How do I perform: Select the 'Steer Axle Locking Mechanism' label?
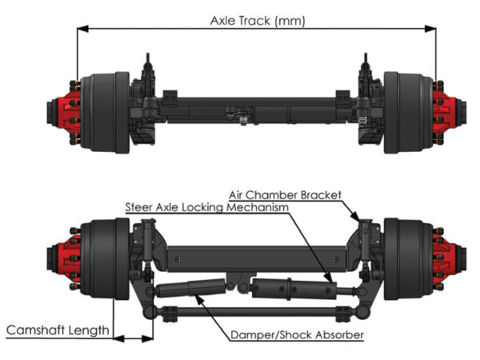pyautogui.click(x=206, y=206)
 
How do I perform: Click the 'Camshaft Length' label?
pyautogui.click(x=57, y=330)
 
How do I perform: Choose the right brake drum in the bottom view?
pyautogui.click(x=405, y=256)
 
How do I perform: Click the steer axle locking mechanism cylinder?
pyautogui.click(x=292, y=285)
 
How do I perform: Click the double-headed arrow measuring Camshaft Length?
pyautogui.click(x=133, y=338)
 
